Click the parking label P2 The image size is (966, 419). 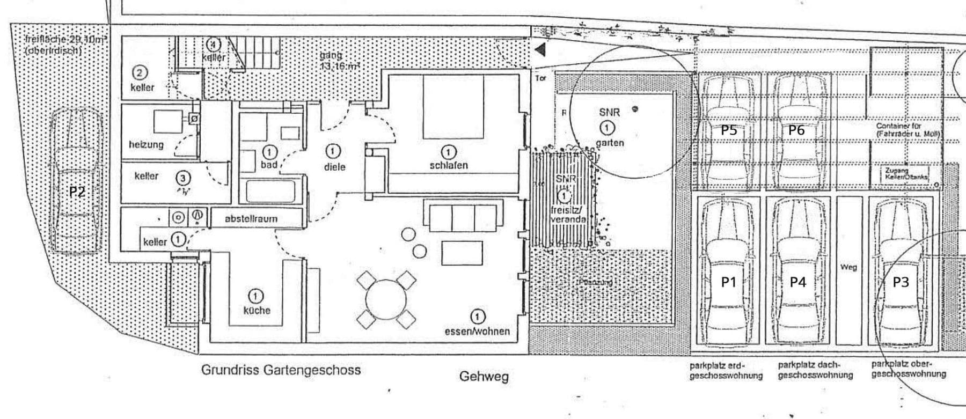(x=77, y=192)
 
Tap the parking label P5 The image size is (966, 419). (x=728, y=130)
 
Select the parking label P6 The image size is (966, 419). (x=796, y=130)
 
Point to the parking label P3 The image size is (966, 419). (x=900, y=282)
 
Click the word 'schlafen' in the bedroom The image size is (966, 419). (x=449, y=165)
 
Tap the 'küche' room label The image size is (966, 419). (x=257, y=310)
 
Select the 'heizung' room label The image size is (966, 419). (x=146, y=144)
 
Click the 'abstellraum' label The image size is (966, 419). (x=251, y=219)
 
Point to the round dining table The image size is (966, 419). (x=386, y=300)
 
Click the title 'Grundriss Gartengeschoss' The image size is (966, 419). (x=281, y=370)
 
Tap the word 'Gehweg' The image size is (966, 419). (x=484, y=377)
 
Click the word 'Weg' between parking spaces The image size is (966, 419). (x=848, y=267)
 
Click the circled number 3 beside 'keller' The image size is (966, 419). (x=183, y=178)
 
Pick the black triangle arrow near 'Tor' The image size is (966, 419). (x=540, y=50)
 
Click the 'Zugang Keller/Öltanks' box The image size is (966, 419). (x=906, y=174)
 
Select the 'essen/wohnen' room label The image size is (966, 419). (x=477, y=331)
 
